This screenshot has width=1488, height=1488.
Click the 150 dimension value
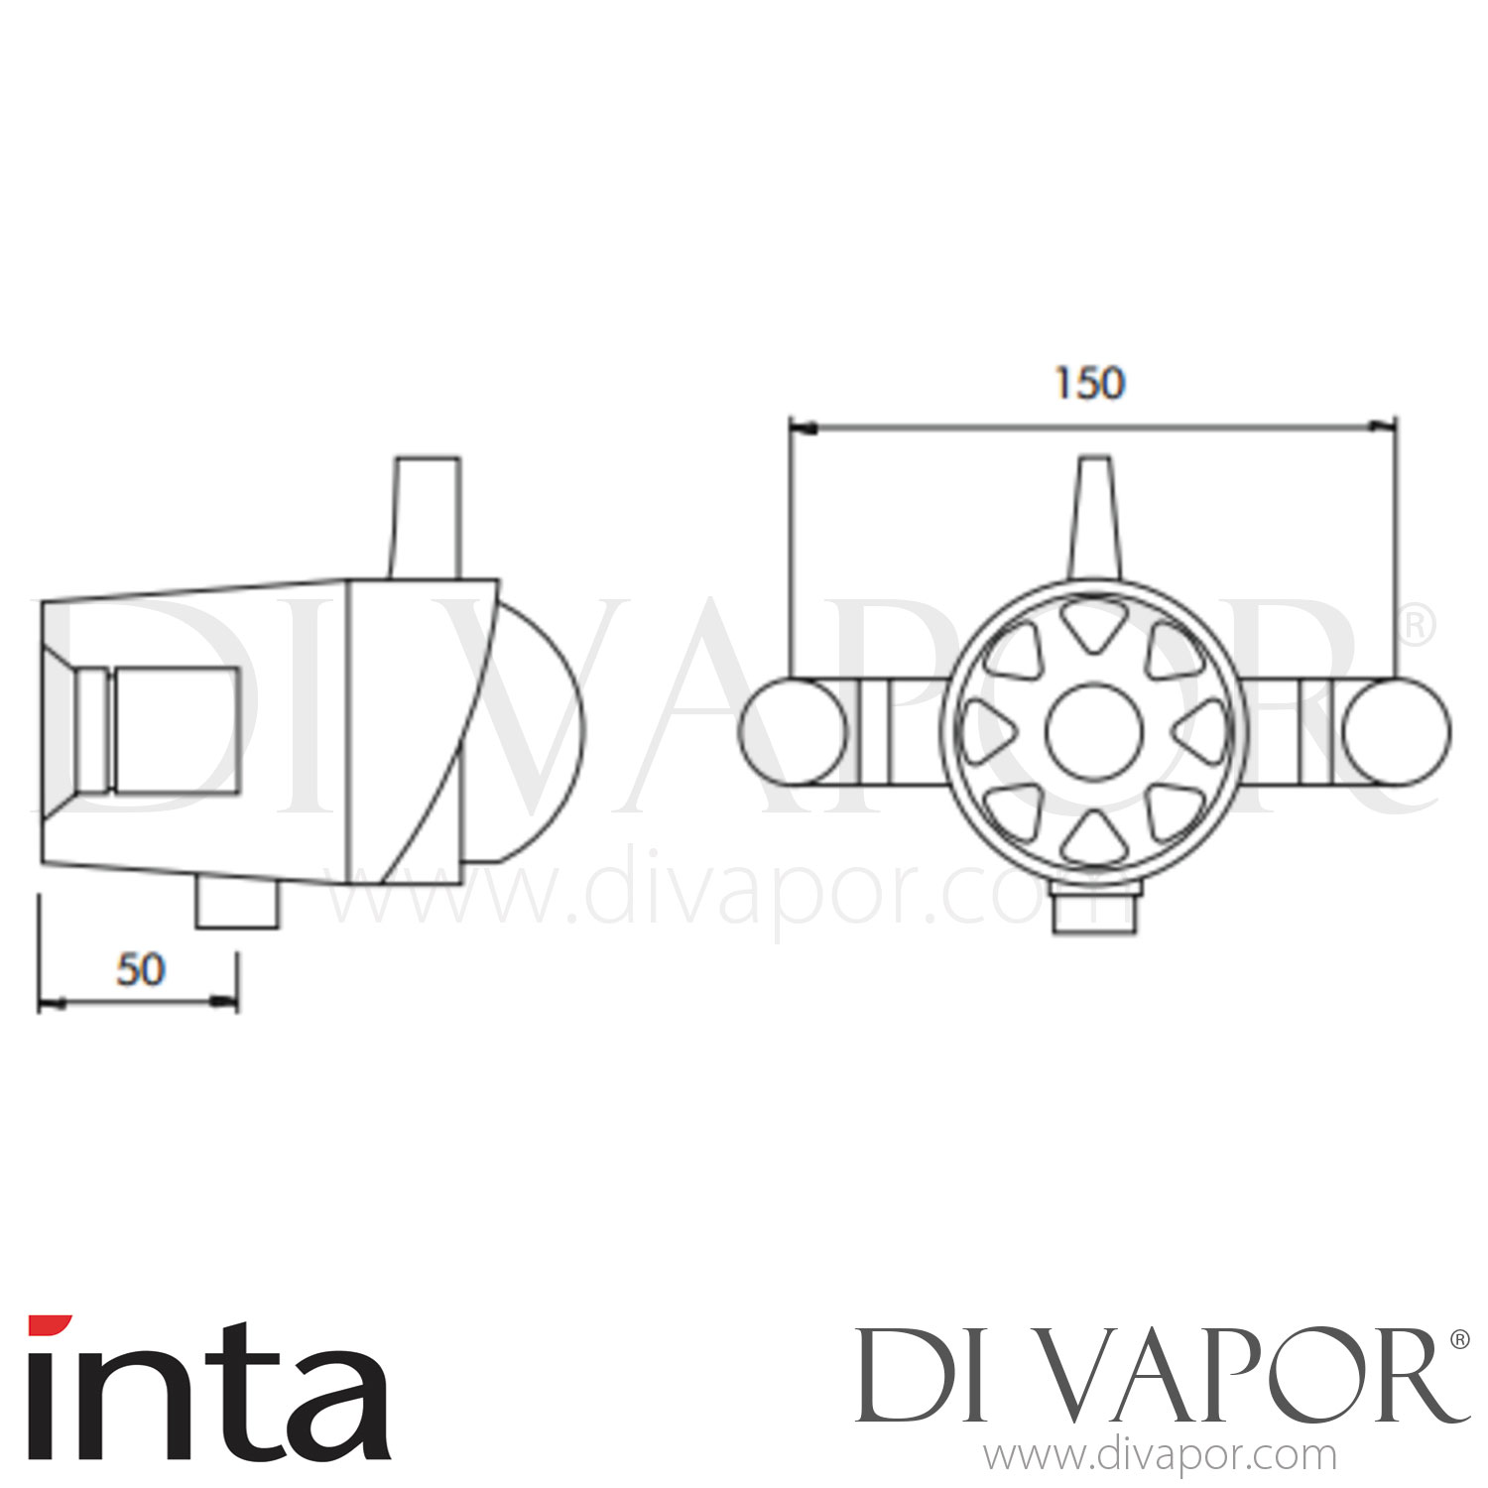[x=1089, y=384]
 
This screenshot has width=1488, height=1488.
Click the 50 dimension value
[x=140, y=969]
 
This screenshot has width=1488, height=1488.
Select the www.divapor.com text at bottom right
[x=1160, y=1456]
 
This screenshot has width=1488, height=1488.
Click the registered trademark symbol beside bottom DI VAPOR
[x=1459, y=1339]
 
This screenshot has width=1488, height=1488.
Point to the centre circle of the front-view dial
[x=1093, y=731]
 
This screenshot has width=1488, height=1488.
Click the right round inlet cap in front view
[x=1396, y=731]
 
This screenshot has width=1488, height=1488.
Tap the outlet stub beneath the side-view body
[x=237, y=906]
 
